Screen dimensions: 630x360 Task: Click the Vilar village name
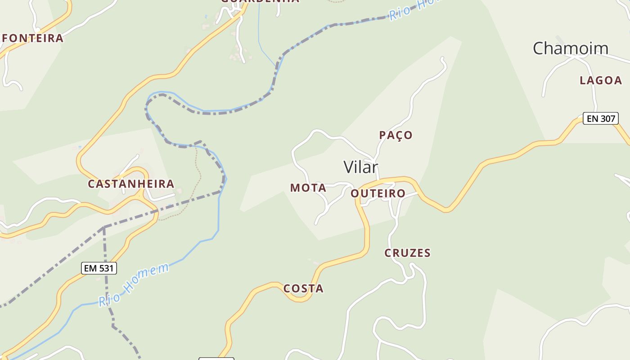coord(361,167)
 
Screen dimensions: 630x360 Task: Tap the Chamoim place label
coord(570,48)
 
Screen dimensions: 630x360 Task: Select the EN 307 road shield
coord(600,119)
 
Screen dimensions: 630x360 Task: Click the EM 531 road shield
coord(99,269)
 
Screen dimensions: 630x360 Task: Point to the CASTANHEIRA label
coord(131,184)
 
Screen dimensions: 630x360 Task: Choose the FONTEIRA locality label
coord(32,38)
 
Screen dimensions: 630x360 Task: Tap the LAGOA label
coord(600,81)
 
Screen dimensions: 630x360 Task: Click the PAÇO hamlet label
coord(396,135)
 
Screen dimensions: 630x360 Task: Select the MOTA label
coord(308,188)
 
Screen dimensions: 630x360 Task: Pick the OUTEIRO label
coord(378,193)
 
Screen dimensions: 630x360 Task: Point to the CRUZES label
coord(407,253)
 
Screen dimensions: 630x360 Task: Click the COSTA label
coord(303,288)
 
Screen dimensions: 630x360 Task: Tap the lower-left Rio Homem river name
coord(134,285)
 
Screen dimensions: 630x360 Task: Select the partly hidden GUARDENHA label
coord(260,1)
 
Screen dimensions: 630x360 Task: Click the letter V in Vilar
coord(349,167)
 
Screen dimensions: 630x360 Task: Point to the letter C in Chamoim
coord(539,48)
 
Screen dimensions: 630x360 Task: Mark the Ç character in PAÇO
coord(397,135)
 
